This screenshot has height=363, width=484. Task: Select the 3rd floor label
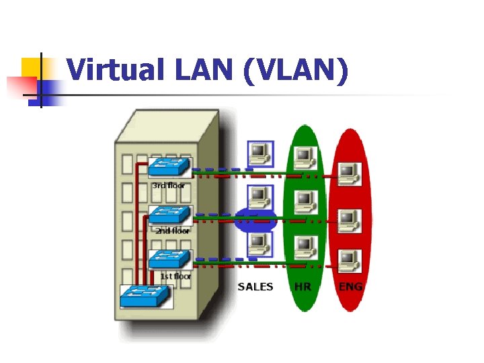click(168, 185)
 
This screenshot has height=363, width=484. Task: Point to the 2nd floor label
click(173, 231)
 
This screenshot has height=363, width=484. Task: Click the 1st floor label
click(175, 276)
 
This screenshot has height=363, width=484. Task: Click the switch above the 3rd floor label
click(169, 168)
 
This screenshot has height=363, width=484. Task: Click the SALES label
click(255, 287)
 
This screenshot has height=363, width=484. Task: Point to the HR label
click(303, 287)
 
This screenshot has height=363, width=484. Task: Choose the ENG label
click(351, 287)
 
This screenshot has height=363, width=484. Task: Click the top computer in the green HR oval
click(305, 156)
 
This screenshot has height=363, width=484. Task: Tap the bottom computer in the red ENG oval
click(348, 259)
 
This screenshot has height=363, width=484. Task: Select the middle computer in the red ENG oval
click(348, 219)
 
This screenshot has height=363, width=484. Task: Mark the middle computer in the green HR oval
click(305, 200)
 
